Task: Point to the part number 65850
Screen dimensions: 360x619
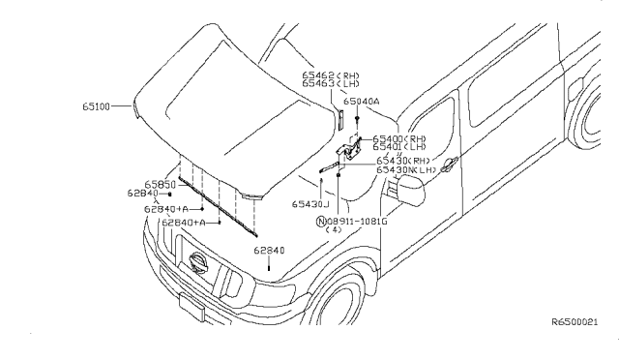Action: [160, 184]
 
